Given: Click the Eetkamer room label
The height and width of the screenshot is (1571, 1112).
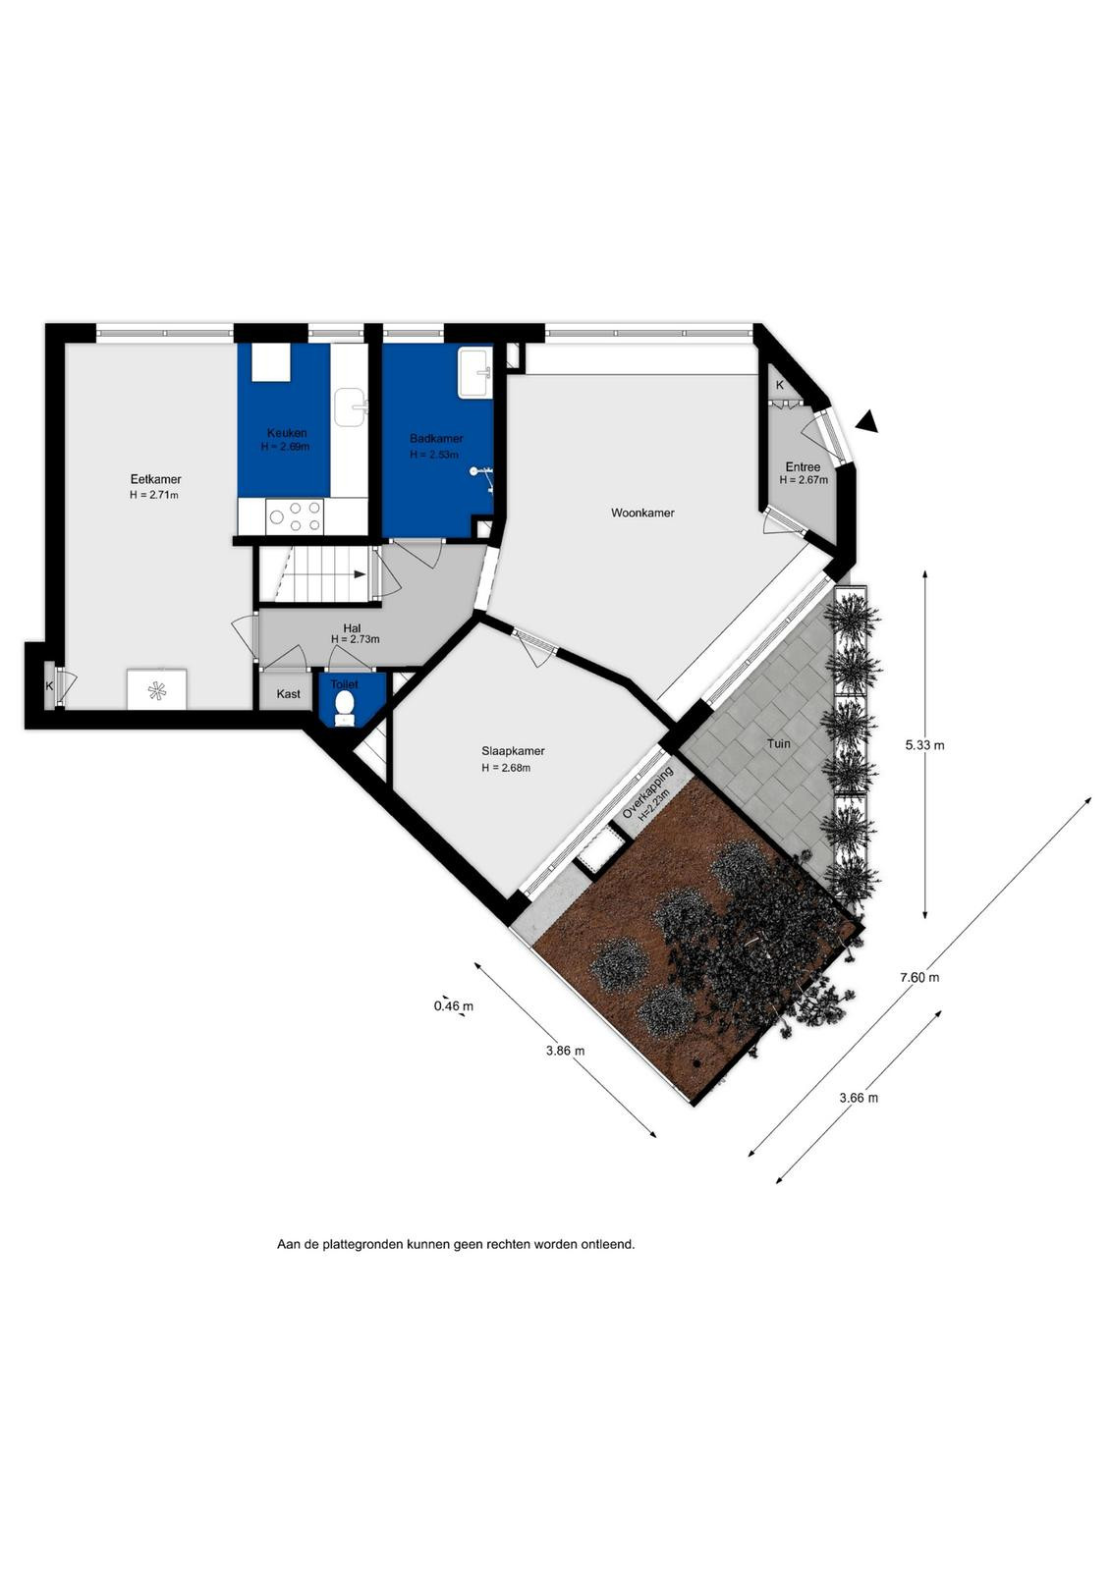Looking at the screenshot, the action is coord(156,480).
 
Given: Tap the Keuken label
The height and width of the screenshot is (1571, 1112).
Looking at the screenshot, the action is coord(287,433).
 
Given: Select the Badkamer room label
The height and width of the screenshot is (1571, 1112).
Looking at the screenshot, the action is coord(436,439).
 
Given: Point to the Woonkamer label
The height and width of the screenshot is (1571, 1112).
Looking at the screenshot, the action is coord(642,513).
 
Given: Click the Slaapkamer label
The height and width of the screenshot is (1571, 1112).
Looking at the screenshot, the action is coord(513,751).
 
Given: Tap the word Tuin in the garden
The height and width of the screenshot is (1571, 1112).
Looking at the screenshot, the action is coord(779,743).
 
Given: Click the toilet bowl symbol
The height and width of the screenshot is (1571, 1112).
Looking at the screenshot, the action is coord(345,703).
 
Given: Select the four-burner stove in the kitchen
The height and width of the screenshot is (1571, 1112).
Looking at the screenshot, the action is coord(296,516).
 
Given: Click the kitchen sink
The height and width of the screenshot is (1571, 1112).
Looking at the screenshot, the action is coord(350,407).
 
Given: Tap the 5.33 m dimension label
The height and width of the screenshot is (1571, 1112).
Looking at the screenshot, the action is coord(924,745).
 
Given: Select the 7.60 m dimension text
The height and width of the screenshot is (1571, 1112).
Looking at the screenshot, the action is coord(919,977).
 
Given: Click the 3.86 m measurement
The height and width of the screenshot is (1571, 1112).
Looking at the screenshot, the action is coord(565,1051).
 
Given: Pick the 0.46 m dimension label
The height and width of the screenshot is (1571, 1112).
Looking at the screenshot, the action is coord(453,1006).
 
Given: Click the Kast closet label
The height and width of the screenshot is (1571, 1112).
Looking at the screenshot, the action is coord(289,693).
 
